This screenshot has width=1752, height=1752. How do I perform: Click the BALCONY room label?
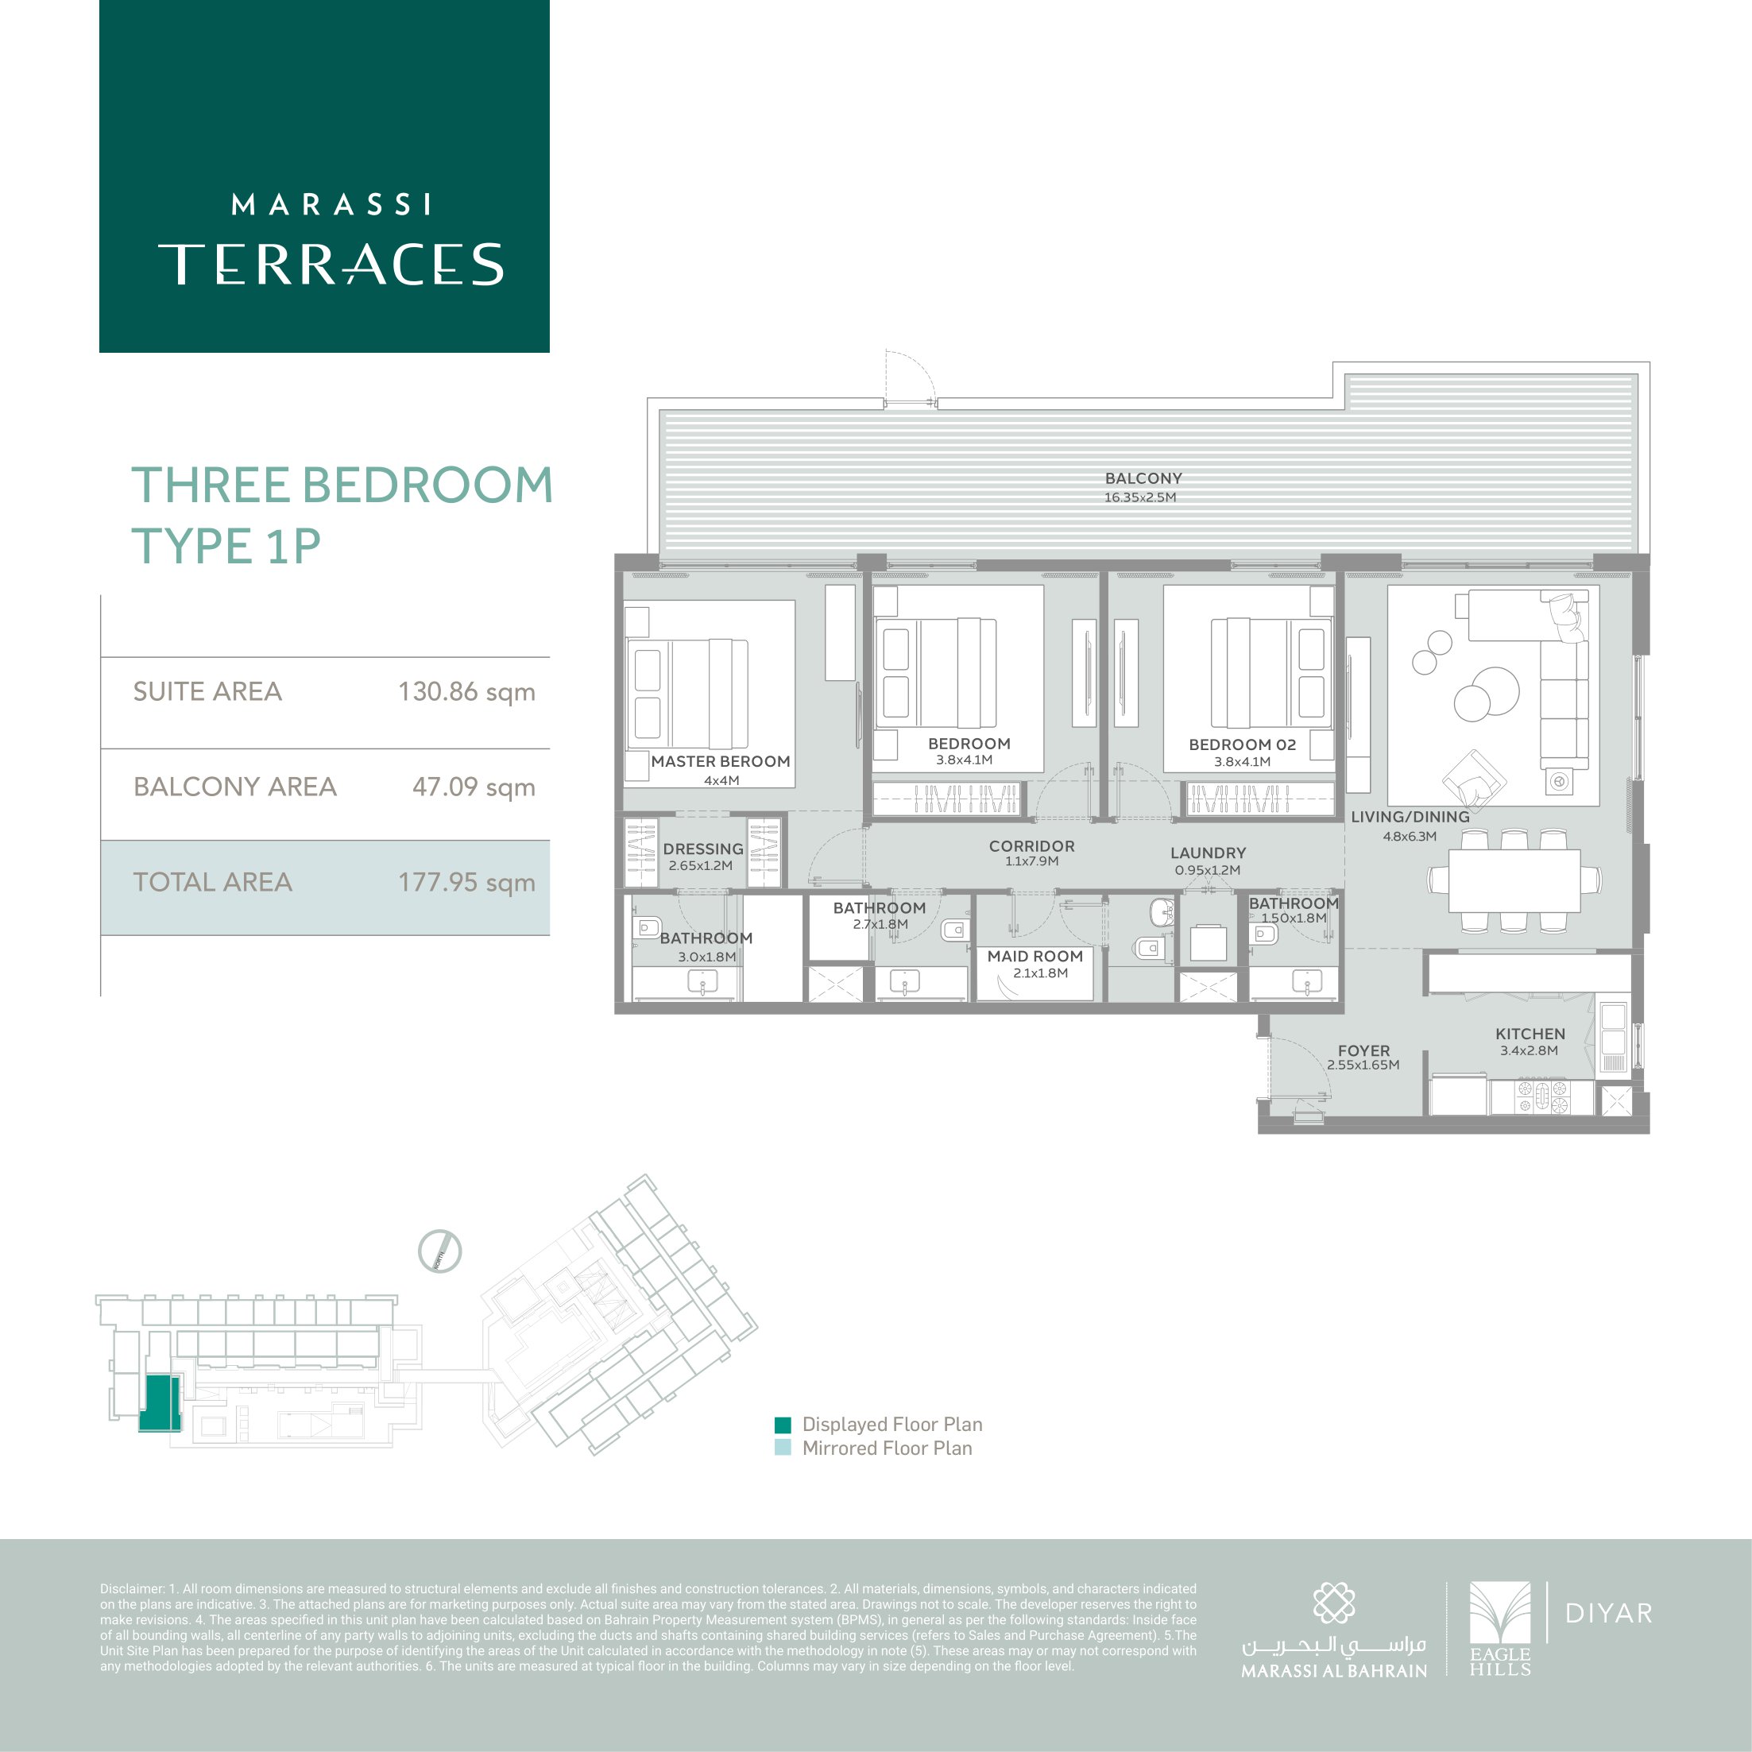tap(1143, 478)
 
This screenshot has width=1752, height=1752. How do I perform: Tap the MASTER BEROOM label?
tap(720, 762)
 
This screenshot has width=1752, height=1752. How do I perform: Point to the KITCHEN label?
tap(1530, 1034)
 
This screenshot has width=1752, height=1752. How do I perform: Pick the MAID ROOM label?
tap(1035, 956)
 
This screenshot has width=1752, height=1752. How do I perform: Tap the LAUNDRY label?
tap(1208, 853)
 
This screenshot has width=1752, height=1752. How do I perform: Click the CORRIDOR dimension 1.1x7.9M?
tap(1031, 861)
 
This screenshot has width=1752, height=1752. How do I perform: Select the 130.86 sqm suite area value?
tap(466, 692)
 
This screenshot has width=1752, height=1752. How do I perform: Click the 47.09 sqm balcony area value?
tap(474, 787)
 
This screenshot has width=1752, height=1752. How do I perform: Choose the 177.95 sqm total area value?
tap(466, 882)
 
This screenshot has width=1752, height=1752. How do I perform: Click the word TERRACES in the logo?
tap(331, 264)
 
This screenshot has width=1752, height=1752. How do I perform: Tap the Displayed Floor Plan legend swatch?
tap(783, 1424)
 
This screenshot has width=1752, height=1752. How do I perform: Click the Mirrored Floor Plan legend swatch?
tap(783, 1448)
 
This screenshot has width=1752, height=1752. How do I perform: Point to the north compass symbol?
tap(440, 1251)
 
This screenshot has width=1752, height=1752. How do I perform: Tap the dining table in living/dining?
tap(1514, 880)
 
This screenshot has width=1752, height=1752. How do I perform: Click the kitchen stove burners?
tap(1541, 1096)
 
